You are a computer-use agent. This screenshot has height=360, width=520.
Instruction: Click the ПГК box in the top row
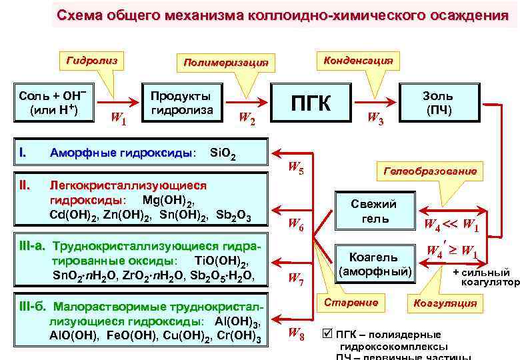pos(311,102)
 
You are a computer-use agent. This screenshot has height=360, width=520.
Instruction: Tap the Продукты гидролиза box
pos(182,102)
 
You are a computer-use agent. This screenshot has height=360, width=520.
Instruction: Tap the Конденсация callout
pos(357,60)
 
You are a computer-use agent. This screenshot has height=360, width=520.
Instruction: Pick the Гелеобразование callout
pos(430,171)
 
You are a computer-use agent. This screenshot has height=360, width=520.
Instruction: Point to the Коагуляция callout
pos(445,303)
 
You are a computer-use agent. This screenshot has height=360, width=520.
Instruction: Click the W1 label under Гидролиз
pos(119,119)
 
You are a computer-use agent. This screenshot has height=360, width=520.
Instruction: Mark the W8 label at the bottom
pos(296,334)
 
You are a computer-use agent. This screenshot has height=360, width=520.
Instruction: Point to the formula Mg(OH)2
pos(168,201)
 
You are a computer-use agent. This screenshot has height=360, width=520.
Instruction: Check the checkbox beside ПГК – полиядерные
pos(326,333)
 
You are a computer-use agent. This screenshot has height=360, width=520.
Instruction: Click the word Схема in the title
pos(79,15)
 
